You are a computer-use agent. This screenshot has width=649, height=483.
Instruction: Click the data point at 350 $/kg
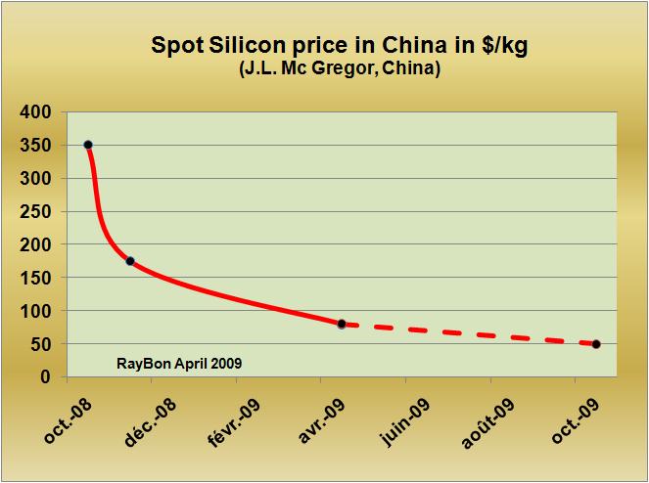point(88,145)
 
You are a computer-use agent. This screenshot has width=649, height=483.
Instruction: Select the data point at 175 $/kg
point(130,261)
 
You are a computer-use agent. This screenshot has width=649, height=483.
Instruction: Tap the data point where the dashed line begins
point(342,324)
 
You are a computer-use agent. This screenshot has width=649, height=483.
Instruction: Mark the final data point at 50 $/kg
point(596,344)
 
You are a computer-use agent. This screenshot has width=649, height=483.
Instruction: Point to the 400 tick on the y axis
point(36,112)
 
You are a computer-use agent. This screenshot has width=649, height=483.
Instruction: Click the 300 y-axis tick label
point(36,179)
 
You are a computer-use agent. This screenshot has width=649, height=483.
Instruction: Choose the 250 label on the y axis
point(36,212)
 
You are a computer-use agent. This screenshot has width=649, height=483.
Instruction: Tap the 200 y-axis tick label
point(36,245)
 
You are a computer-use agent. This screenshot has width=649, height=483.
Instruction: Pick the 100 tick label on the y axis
point(36,311)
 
